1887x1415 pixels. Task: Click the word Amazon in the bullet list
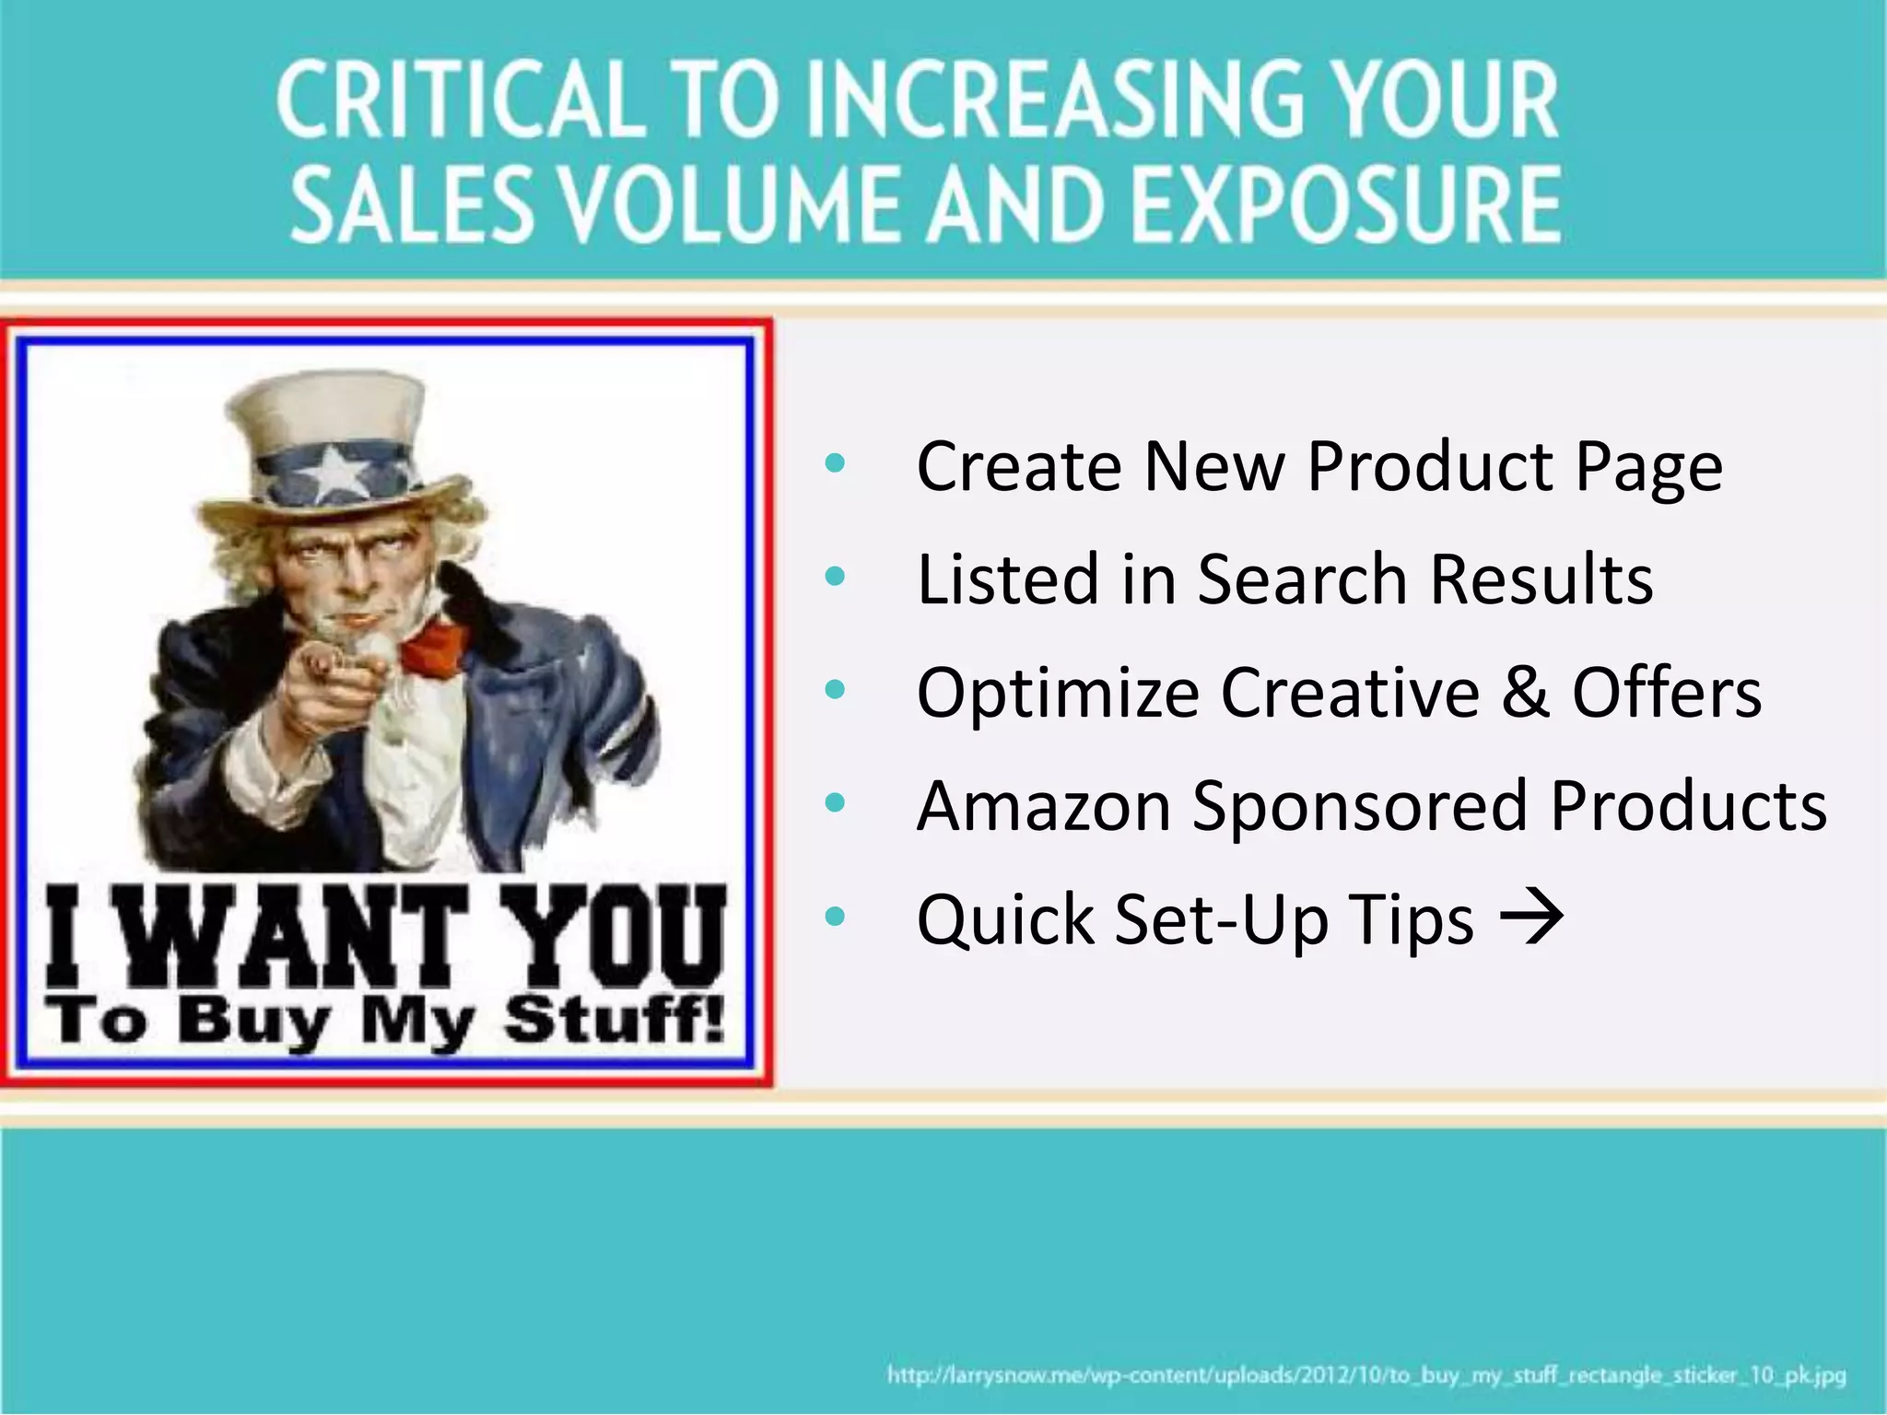[x=1043, y=805]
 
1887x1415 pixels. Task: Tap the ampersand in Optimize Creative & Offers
[x=1526, y=692]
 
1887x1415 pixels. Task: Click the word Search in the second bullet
[x=1301, y=579]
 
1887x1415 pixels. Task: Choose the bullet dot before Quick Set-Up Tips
[x=835, y=917]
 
